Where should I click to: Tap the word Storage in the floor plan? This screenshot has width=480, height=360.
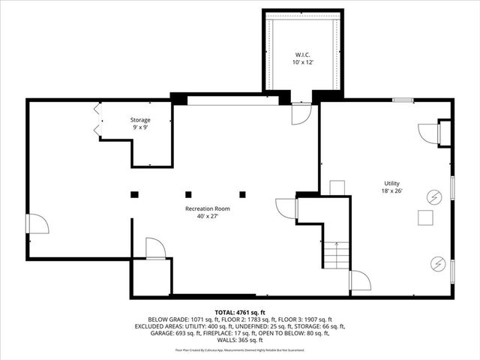coord(140,120)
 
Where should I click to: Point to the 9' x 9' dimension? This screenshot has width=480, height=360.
coord(140,128)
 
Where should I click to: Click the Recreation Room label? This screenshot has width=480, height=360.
coord(208,208)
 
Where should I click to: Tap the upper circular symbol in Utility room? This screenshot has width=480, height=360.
coord(433,196)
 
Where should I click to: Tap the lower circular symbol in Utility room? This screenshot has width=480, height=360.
coord(437,263)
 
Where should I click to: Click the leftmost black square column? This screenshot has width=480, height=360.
coord(134,194)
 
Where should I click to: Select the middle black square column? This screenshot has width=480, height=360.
coord(188,194)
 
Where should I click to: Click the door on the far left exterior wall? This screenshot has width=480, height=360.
coord(36,223)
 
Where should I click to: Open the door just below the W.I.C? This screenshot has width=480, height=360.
coord(300,114)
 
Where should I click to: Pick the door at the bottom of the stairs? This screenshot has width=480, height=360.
coord(359,281)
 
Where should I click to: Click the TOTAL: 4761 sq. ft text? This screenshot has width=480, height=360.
coord(240,312)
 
